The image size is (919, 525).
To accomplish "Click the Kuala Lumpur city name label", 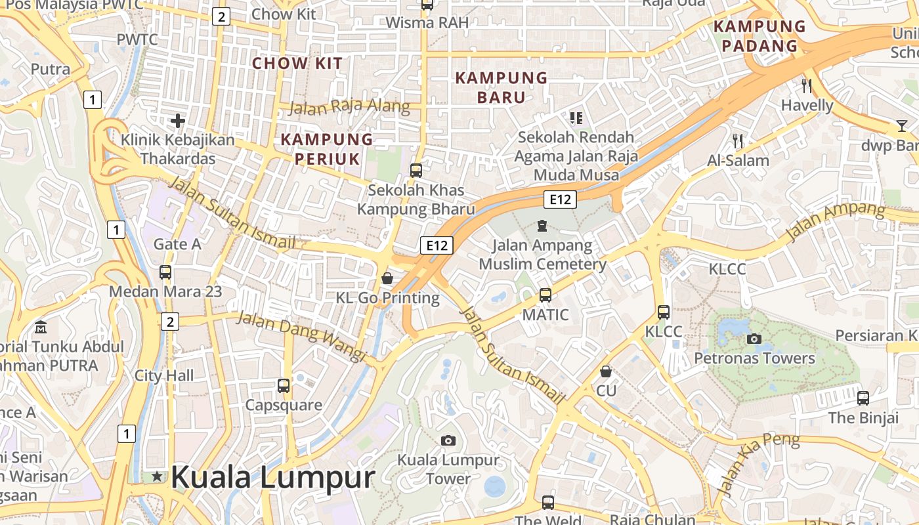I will (x=272, y=477).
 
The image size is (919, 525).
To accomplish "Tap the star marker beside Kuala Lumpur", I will (x=156, y=476).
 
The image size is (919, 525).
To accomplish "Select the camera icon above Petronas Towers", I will (x=754, y=339).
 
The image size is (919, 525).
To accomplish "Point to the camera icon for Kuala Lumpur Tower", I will (x=448, y=440).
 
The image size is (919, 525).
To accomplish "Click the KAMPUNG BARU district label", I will (x=502, y=87).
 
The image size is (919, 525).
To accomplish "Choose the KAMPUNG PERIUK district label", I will (x=327, y=149).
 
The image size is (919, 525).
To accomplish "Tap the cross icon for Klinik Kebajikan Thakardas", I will (x=177, y=121).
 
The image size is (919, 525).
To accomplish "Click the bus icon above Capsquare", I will (x=284, y=386).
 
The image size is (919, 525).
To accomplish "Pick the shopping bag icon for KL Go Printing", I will (x=387, y=278).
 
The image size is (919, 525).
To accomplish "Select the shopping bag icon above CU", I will (x=606, y=371).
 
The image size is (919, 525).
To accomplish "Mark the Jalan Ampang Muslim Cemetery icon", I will (x=542, y=226).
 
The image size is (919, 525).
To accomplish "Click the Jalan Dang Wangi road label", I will (x=301, y=336).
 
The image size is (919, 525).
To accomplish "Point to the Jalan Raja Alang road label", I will (x=349, y=107).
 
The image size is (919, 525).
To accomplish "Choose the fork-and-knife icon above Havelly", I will (x=807, y=85).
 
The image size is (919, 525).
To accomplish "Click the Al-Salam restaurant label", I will (x=738, y=161).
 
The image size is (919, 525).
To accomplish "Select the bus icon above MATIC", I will (x=545, y=295).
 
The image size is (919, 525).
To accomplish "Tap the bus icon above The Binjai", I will (x=863, y=398).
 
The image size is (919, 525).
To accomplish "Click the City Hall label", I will (x=164, y=375).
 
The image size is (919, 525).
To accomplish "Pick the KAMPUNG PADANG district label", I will (x=759, y=36).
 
